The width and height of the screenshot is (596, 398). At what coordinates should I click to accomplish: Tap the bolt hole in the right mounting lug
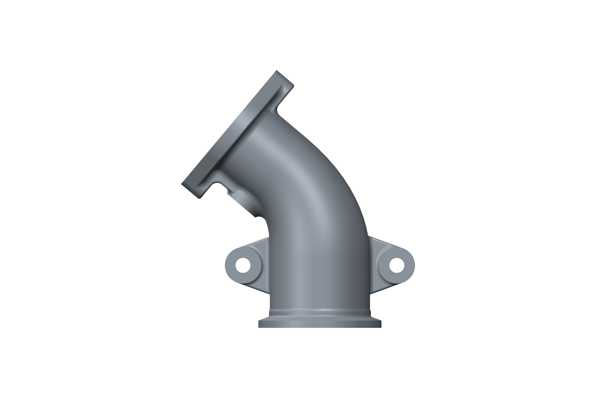click(397, 265)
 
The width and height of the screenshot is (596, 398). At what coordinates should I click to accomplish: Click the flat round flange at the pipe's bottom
click(320, 324)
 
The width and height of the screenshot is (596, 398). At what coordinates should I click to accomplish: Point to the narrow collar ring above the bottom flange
click(320, 313)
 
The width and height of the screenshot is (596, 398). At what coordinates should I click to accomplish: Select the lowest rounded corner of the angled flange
click(200, 198)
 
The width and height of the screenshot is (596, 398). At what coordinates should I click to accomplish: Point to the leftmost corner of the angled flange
click(182, 184)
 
